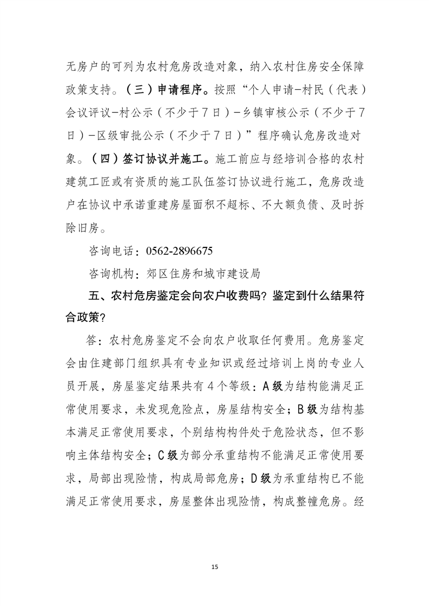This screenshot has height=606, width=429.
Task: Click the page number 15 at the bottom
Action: pyautogui.click(x=215, y=567)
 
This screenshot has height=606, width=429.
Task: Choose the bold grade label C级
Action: pyautogui.click(x=167, y=455)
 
